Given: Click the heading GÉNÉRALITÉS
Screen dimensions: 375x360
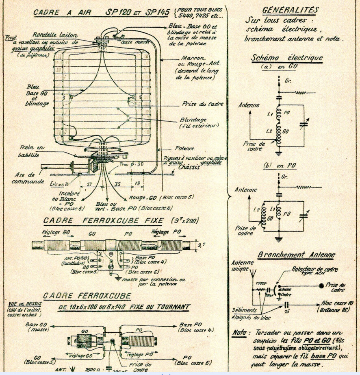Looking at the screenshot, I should click(290, 10).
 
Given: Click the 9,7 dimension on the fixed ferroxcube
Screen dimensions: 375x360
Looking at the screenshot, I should click(200, 245).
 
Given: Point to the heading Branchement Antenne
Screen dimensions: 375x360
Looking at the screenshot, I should click(297, 255).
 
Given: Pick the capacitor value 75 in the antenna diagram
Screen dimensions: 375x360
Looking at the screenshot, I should click(287, 312).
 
